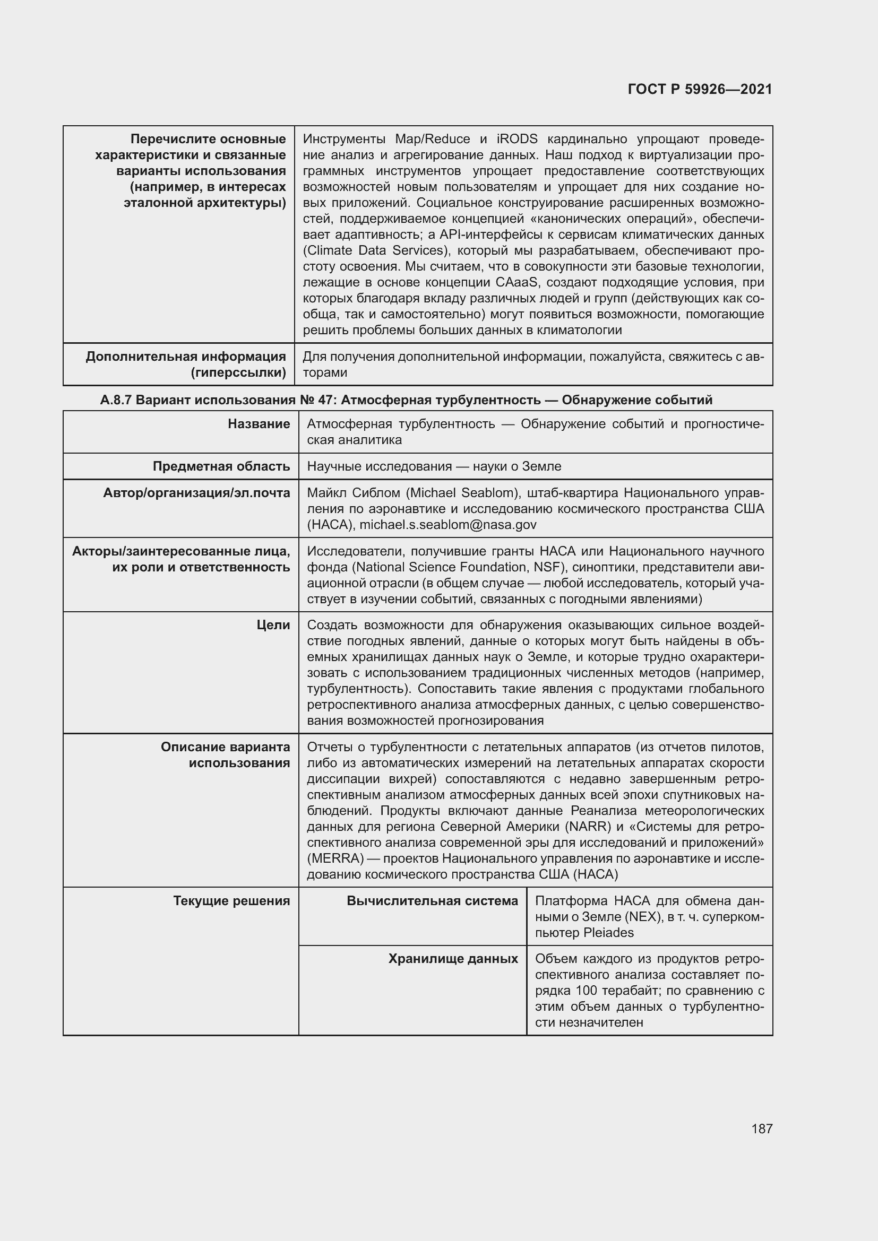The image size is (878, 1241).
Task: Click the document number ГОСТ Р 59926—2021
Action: [700, 89]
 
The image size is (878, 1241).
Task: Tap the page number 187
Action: [761, 1129]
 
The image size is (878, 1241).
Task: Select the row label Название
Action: [259, 424]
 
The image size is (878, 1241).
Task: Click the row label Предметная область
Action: [221, 466]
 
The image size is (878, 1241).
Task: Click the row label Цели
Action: [273, 625]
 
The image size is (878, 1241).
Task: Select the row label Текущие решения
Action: [231, 900]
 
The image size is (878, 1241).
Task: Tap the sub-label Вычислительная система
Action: [432, 900]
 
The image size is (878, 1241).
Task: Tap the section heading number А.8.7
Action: [116, 400]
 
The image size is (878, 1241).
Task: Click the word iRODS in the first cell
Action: [517, 139]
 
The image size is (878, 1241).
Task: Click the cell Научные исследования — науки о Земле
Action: [434, 466]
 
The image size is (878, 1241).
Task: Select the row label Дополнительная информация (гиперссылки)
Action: [185, 365]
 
